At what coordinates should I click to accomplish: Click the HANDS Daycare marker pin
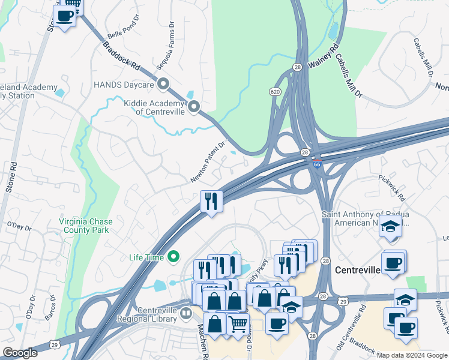pyautogui.click(x=163, y=84)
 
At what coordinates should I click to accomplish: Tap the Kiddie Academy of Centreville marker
pyautogui.click(x=194, y=107)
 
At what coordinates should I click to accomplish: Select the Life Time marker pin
pyautogui.click(x=174, y=258)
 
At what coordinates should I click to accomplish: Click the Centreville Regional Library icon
pyautogui.click(x=187, y=313)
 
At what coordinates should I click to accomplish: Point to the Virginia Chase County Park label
pyautogui.click(x=86, y=226)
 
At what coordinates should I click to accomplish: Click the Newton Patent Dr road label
pyautogui.click(x=208, y=162)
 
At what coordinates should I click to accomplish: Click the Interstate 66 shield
pyautogui.click(x=316, y=163)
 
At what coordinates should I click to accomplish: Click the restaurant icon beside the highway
pyautogui.click(x=211, y=200)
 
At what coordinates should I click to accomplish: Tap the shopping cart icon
pyautogui.click(x=239, y=324)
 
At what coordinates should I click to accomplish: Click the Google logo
pyautogui.click(x=20, y=353)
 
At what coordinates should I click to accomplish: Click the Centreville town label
pyautogui.click(x=358, y=270)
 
